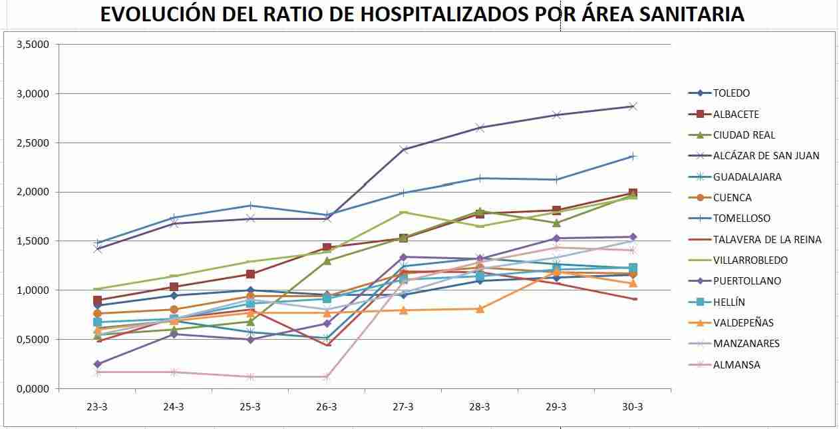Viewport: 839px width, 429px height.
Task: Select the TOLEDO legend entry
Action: point(731,93)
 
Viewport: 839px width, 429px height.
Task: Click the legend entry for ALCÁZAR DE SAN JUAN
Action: point(766,156)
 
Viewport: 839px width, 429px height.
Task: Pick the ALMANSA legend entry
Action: point(736,365)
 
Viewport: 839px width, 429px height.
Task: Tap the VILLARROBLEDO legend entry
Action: point(750,260)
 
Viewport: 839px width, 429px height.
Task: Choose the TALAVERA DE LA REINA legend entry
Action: point(766,240)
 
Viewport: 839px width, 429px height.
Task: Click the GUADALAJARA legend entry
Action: point(747,177)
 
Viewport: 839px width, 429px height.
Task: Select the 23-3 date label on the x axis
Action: point(97,407)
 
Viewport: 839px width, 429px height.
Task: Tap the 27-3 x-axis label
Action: point(403,407)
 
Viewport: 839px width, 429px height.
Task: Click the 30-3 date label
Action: point(632,407)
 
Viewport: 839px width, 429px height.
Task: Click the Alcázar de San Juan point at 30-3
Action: point(633,106)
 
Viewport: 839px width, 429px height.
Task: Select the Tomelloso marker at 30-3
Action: point(633,156)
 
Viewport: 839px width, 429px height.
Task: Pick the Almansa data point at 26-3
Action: point(327,377)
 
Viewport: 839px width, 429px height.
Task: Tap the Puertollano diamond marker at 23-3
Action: point(98,364)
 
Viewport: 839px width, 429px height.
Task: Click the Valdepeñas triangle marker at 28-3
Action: point(480,308)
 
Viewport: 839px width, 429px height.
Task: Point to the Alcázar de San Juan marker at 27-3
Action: point(403,149)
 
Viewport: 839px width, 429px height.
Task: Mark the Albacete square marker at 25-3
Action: point(250,274)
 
